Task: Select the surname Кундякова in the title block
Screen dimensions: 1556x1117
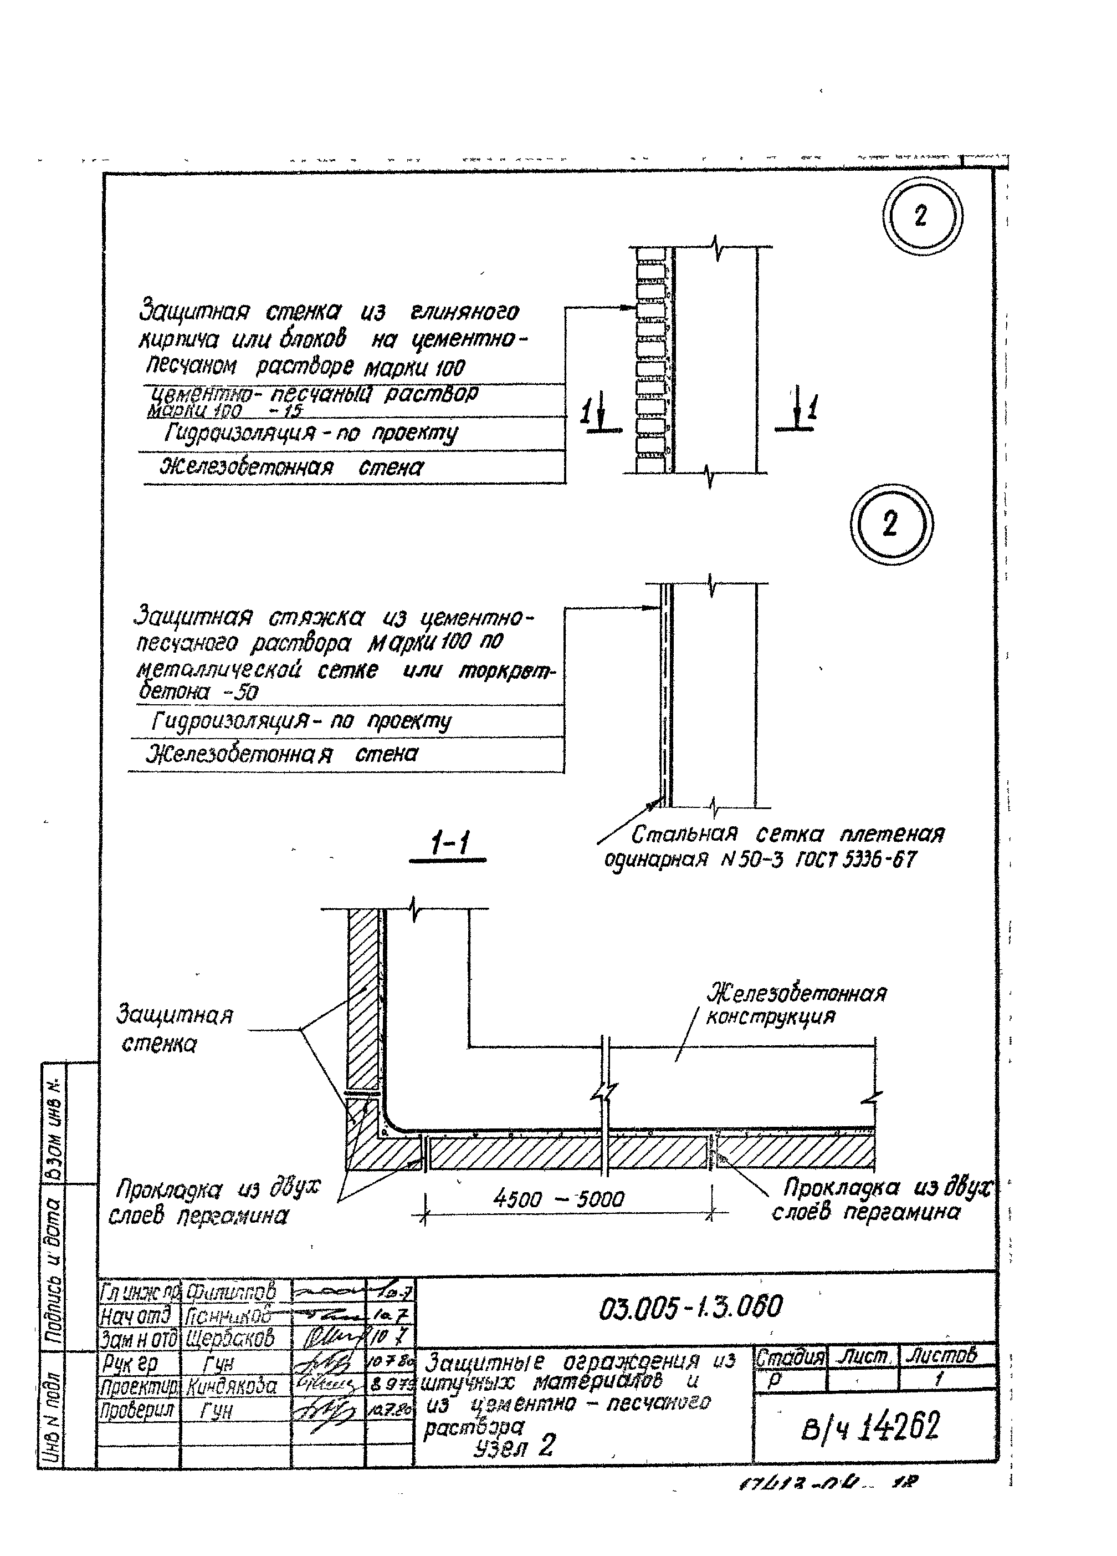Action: point(232,1386)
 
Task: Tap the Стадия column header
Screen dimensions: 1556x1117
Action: point(790,1356)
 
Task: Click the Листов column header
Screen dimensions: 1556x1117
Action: point(941,1355)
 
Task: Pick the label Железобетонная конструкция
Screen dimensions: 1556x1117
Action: point(796,1004)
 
